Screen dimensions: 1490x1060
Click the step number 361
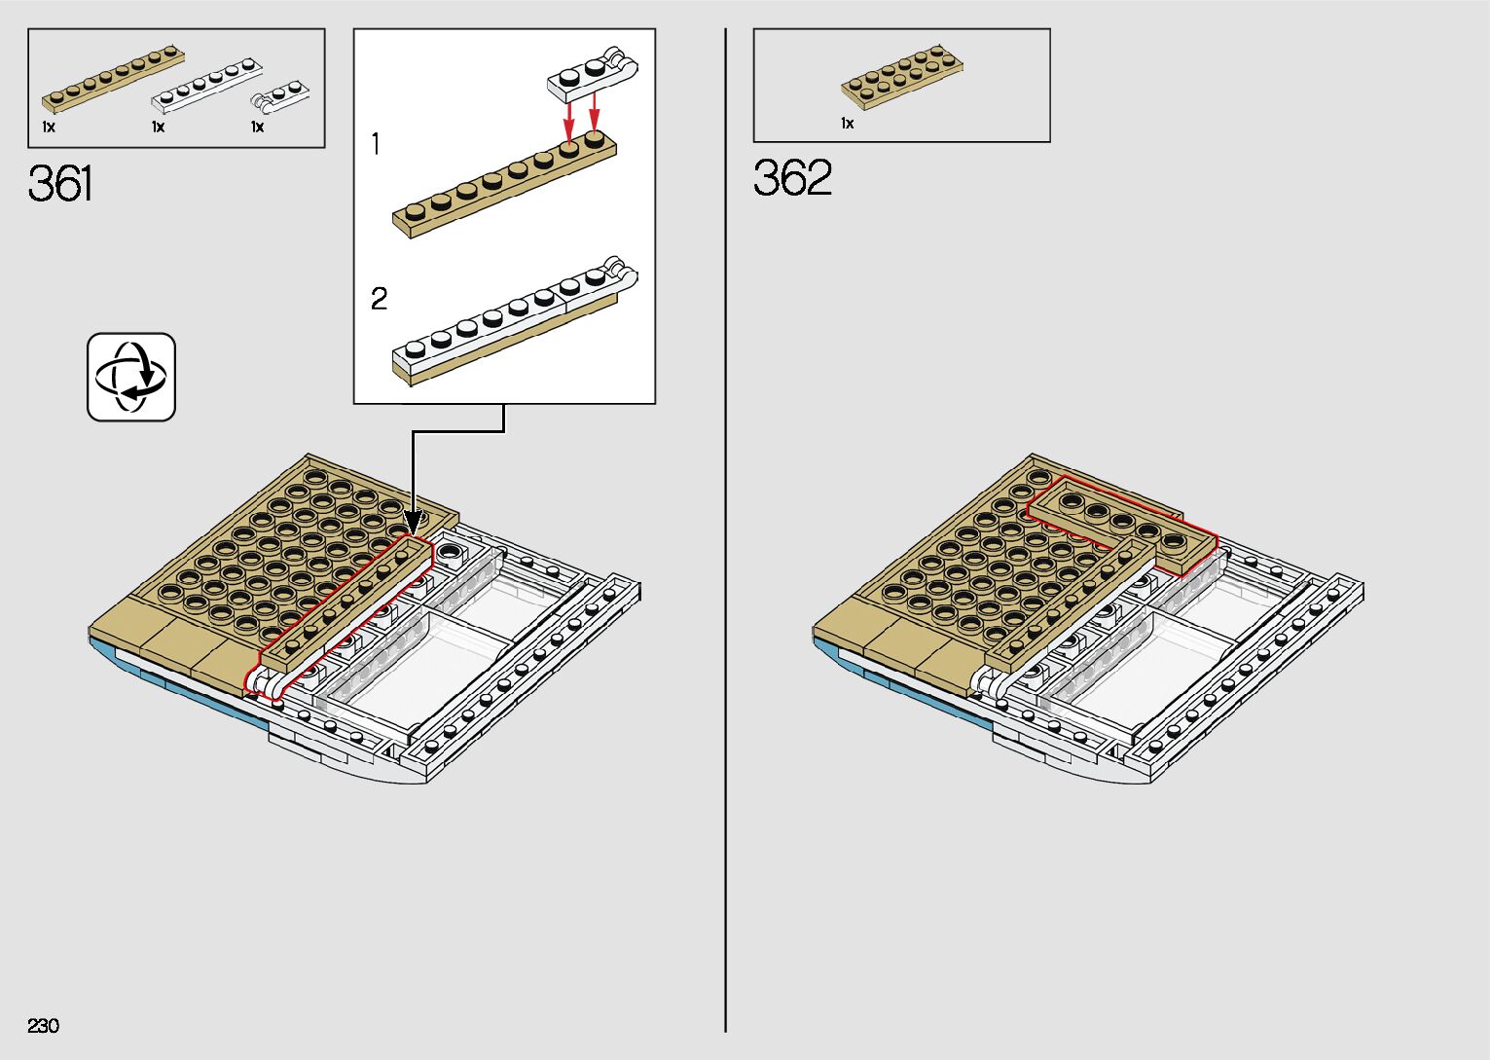[60, 183]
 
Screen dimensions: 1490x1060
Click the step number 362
[792, 178]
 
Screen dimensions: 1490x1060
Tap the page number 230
[44, 1026]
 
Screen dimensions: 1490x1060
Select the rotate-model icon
[131, 377]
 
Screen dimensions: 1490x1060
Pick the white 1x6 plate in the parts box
[206, 85]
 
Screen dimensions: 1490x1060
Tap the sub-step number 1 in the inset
[376, 145]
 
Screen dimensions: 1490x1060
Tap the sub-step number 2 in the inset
[379, 299]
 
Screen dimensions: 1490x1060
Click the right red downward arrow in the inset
[595, 110]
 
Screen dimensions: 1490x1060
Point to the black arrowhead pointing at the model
[413, 522]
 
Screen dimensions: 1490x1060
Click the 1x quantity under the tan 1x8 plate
[49, 128]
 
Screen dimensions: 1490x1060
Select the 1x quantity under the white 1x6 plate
[158, 128]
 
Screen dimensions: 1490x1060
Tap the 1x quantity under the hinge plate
[257, 128]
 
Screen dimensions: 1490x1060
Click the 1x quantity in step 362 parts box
[847, 124]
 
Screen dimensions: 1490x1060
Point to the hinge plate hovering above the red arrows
[592, 74]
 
